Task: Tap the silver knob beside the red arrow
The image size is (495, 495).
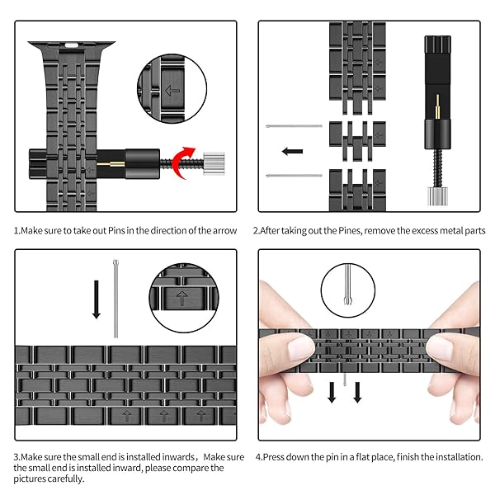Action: pyautogui.click(x=214, y=163)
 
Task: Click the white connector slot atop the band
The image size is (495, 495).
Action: pyautogui.click(x=71, y=45)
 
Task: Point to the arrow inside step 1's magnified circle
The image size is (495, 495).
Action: pyautogui.click(x=172, y=91)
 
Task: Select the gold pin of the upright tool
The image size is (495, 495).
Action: pyautogui.click(x=437, y=106)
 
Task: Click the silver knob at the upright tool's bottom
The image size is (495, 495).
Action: pyautogui.click(x=437, y=196)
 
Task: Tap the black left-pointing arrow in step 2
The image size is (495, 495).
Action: pyautogui.click(x=292, y=151)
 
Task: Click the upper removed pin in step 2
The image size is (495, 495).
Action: pyautogui.click(x=294, y=126)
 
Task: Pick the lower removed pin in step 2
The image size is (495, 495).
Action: pyautogui.click(x=294, y=175)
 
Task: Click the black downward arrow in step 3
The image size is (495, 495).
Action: pyautogui.click(x=97, y=299)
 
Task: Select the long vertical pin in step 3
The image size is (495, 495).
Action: pyautogui.click(x=115, y=299)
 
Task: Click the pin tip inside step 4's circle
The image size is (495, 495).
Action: pyautogui.click(x=348, y=299)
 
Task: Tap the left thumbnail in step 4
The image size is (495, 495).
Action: pyautogui.click(x=300, y=348)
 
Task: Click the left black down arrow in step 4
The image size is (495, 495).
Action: pyautogui.click(x=332, y=393)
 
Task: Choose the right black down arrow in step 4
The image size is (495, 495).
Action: pyautogui.click(x=357, y=393)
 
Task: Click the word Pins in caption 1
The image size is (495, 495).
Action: pyautogui.click(x=116, y=230)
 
